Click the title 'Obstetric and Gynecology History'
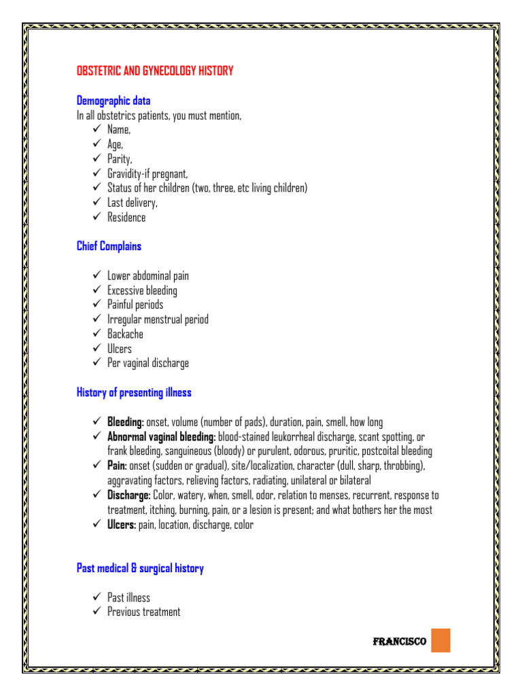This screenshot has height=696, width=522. click(x=155, y=71)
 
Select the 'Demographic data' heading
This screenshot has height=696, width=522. click(x=114, y=101)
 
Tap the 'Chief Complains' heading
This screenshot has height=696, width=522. click(x=109, y=246)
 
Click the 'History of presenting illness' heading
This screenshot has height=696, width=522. click(x=134, y=392)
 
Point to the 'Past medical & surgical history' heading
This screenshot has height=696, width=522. click(x=140, y=568)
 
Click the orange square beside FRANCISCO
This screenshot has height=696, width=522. click(x=440, y=640)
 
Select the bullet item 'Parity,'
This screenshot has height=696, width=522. click(x=119, y=159)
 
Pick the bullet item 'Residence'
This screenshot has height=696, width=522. click(x=126, y=217)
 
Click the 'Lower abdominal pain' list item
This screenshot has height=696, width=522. click(x=148, y=276)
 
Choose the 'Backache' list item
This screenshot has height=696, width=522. click(x=125, y=334)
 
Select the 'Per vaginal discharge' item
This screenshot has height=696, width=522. click(x=148, y=363)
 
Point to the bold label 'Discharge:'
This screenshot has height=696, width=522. click(x=129, y=495)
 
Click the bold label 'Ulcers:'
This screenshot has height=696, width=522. click(x=122, y=525)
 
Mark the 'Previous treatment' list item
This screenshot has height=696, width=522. click(x=143, y=612)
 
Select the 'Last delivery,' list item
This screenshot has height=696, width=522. click(x=133, y=203)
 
